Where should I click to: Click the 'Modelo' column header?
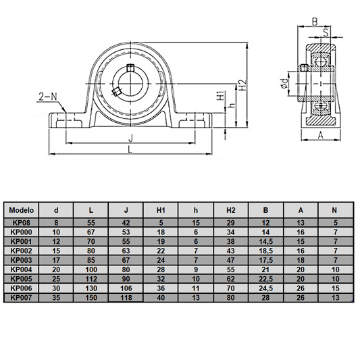[x=21, y=209]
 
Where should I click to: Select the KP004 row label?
[x=21, y=269]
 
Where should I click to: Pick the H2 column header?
[x=230, y=209]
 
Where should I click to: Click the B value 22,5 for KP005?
[x=265, y=278]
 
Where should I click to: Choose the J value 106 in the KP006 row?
[x=126, y=288]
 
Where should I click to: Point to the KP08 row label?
[x=21, y=222]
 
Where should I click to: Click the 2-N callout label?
[x=47, y=97]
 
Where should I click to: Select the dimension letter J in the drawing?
[x=130, y=138]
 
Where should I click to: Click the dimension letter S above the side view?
[x=325, y=30]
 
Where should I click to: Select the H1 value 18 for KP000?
[x=161, y=232]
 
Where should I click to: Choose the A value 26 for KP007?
[x=301, y=297]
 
